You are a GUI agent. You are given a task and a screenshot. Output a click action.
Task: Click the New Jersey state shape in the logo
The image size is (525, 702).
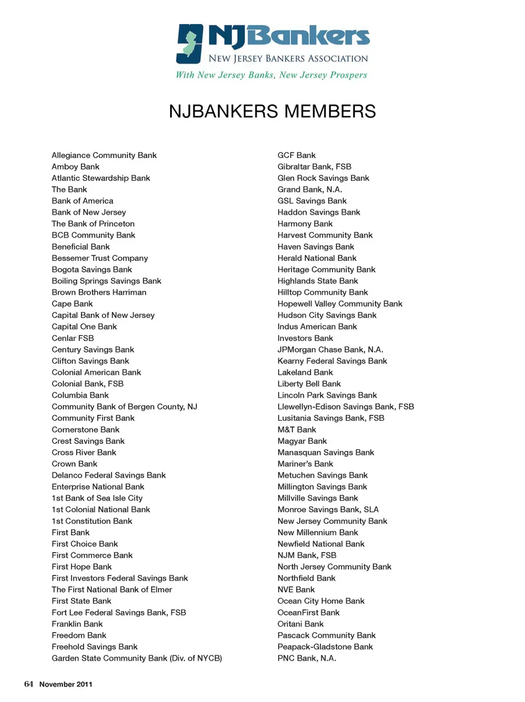190,44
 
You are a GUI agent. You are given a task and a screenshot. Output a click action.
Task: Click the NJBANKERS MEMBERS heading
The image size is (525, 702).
272,112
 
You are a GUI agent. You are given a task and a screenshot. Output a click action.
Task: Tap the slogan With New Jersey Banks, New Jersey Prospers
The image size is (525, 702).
271,75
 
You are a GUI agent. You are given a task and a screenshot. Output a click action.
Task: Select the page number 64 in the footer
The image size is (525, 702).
28,684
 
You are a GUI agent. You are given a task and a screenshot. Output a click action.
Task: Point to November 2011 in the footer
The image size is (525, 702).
66,684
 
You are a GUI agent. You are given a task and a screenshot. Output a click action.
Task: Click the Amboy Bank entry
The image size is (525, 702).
75,167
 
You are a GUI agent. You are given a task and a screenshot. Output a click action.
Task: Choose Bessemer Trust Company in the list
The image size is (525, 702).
100,258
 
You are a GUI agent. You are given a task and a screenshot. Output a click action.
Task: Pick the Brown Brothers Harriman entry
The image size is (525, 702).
99,292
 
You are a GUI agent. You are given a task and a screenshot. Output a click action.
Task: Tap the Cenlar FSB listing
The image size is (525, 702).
73,338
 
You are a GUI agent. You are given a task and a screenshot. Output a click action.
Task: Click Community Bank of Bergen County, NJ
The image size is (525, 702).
124,407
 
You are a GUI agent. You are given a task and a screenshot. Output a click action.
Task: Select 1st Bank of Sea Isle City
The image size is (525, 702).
97,498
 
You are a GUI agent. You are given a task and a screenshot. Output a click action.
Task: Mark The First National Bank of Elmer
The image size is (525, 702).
112,589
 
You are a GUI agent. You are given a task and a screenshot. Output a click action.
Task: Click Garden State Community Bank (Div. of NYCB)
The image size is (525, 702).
137,658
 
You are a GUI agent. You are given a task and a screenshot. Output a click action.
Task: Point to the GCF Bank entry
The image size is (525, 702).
296,155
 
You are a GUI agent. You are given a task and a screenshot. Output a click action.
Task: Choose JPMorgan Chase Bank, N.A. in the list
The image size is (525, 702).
330,349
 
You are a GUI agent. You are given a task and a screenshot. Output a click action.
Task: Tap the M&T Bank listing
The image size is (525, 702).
296,430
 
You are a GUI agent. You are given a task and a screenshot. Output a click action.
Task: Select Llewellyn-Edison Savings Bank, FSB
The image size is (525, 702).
346,407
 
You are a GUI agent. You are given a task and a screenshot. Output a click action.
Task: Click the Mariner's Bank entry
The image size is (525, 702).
305,464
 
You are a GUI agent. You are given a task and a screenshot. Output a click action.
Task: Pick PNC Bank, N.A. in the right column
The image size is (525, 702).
307,658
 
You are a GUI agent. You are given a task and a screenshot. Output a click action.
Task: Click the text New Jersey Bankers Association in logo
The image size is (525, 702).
288,58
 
